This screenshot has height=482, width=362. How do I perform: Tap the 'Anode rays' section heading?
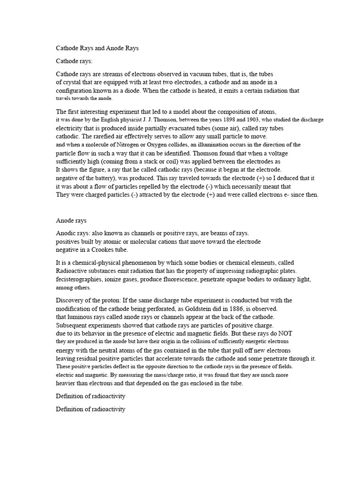[71, 220]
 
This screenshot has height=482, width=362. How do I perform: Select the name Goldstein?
[207, 308]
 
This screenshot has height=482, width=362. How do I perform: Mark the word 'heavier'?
[67, 384]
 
